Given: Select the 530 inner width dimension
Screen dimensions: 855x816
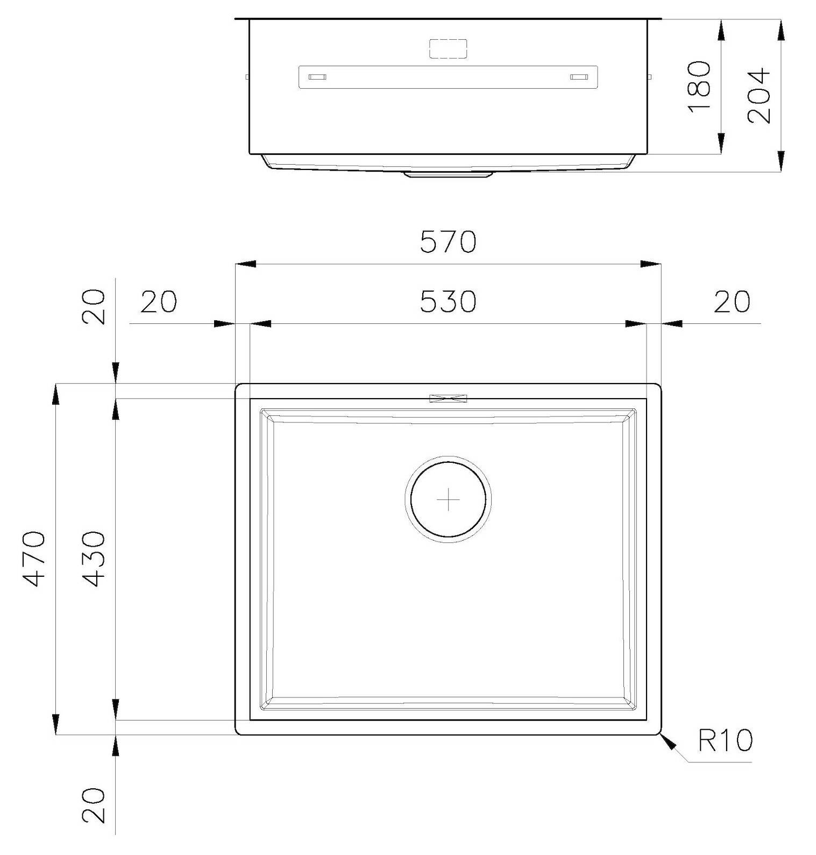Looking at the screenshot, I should (448, 301).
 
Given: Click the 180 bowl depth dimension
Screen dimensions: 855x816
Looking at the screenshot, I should (699, 86).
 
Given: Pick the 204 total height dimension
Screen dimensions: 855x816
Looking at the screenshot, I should (759, 95).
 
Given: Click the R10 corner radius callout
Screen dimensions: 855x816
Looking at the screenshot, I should (725, 740).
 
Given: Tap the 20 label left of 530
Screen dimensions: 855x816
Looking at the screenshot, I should (158, 301).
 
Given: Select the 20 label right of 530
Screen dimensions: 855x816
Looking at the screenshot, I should (731, 301).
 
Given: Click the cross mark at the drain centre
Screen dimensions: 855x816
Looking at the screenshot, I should (448, 500).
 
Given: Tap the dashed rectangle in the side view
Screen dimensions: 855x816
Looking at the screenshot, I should (448, 49).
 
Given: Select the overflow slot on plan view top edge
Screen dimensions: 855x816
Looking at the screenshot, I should (448, 398).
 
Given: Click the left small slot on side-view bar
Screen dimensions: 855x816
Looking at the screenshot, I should (317, 77).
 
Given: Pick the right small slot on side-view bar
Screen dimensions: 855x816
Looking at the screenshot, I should (579, 77).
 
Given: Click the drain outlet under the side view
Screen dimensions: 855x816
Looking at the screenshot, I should (448, 174).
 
